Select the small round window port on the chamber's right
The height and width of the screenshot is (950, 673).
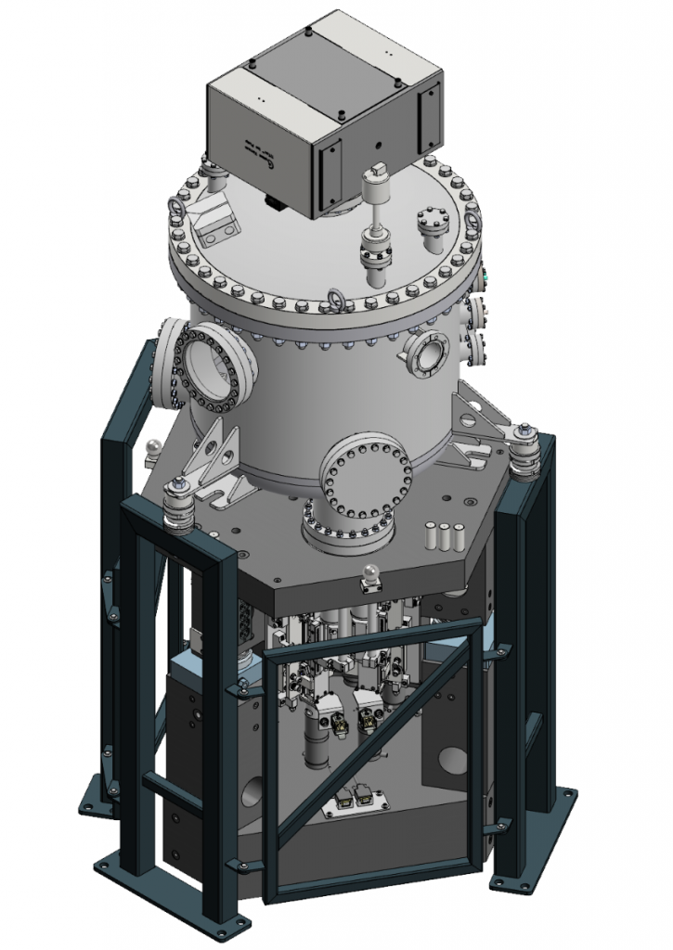(427, 353)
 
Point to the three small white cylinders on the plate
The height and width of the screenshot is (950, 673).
(444, 537)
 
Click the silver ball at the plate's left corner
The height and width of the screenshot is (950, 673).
(151, 449)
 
